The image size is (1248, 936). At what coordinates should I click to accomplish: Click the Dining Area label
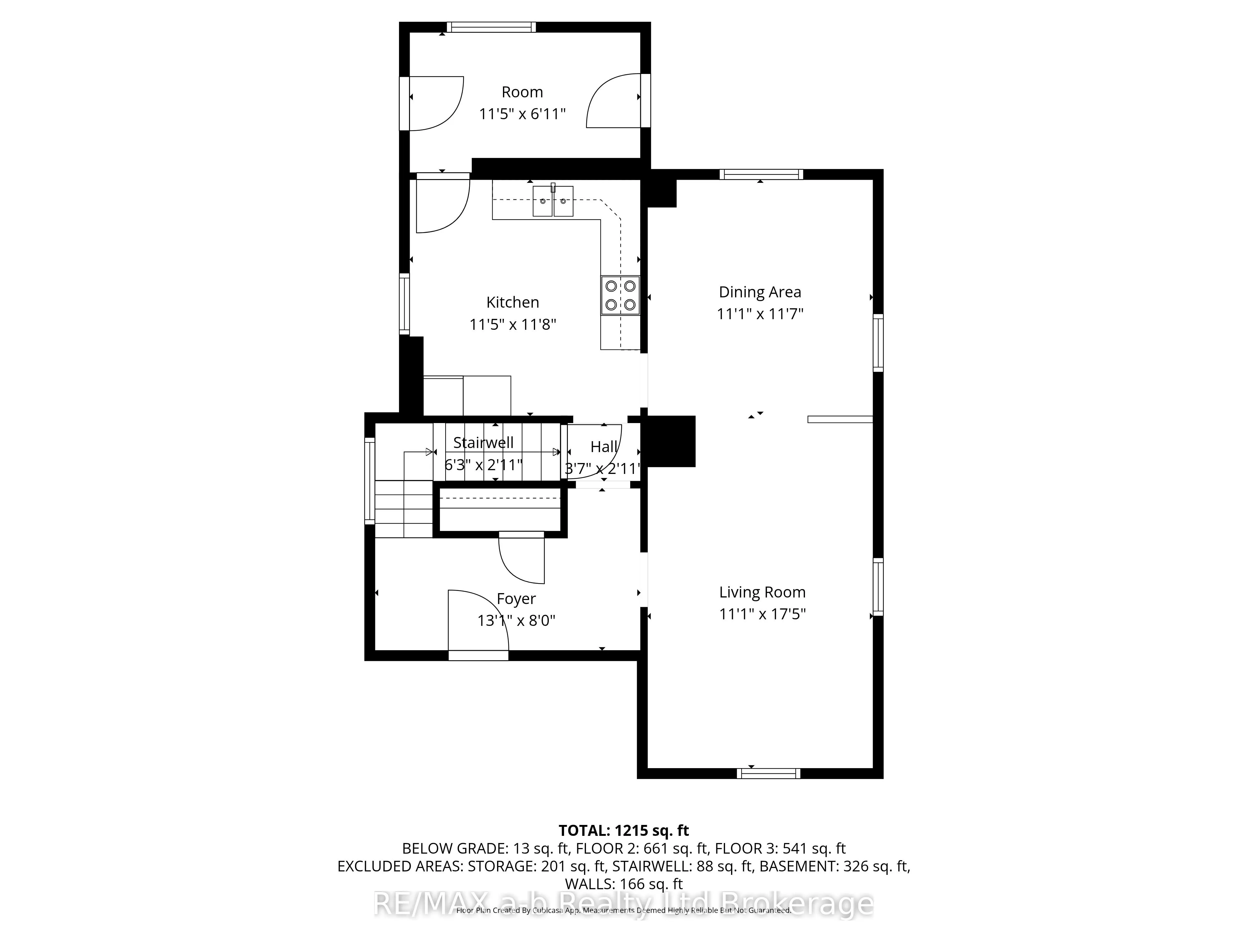(759, 292)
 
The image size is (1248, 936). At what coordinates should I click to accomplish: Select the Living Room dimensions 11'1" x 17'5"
(762, 614)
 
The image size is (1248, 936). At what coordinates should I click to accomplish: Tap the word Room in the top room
(522, 92)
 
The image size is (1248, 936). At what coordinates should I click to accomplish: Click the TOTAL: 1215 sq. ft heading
(623, 831)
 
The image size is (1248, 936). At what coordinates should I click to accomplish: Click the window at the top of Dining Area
(761, 174)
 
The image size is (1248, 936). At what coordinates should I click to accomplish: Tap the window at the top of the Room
(491, 27)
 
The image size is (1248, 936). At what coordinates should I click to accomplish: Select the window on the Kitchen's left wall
(404, 304)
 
